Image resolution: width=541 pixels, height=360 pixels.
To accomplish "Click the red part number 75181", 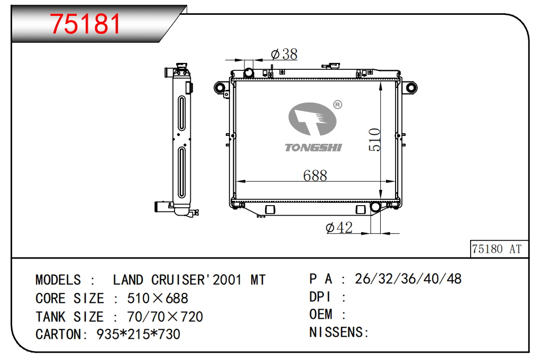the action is click(85, 24).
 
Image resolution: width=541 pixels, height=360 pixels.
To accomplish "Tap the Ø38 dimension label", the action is click(285, 54).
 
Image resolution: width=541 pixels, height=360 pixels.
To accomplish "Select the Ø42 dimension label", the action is click(339, 228).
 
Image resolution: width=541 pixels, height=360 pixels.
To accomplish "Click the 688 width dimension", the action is click(315, 176).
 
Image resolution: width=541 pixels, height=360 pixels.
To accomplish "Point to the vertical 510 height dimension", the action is click(374, 140).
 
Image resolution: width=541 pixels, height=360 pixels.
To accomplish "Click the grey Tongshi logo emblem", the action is click(312, 119).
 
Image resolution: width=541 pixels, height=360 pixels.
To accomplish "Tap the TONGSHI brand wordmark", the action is click(313, 147).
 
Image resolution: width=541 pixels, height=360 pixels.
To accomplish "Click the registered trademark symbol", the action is click(337, 105).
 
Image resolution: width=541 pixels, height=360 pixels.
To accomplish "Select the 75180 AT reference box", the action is click(499, 248).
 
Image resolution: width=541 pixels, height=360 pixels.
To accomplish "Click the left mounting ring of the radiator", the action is click(219, 87).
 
